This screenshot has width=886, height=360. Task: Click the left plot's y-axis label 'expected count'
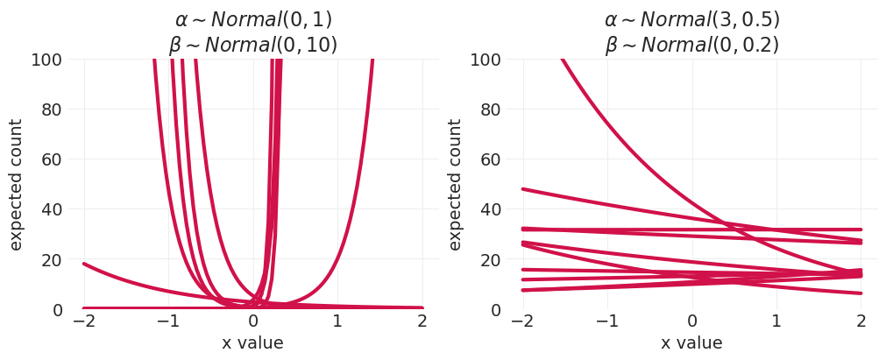17,185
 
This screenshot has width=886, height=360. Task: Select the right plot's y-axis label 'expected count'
456,185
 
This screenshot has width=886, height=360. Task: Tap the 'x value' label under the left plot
252,343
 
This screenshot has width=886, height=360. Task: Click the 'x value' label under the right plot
691,343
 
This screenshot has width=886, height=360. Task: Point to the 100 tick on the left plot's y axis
46,60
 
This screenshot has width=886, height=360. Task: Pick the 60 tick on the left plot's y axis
52,159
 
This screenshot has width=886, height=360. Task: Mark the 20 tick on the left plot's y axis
52,260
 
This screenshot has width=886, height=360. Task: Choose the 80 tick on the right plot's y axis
491,109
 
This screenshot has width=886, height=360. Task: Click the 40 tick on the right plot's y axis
491,210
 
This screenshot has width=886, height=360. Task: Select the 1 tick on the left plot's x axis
337,321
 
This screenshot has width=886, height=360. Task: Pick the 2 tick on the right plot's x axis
861,321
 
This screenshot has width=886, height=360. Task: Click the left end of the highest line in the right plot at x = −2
523,189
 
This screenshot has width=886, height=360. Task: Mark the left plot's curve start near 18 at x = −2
84,264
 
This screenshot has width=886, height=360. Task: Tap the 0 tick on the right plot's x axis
692,321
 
